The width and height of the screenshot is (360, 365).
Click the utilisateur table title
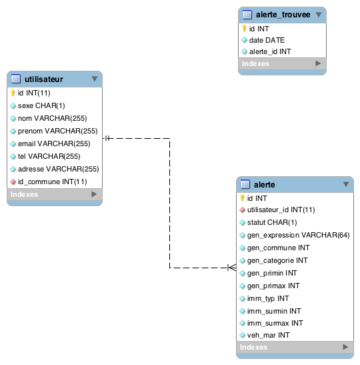click(44, 79)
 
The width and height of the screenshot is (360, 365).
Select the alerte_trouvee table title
click(283, 15)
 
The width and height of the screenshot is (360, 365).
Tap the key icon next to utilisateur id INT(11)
click(13, 93)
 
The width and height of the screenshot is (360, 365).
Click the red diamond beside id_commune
click(13, 181)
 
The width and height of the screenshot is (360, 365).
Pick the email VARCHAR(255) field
click(54, 143)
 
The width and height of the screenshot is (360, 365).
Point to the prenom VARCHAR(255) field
click(58, 131)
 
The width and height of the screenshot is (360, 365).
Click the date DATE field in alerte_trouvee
click(267, 40)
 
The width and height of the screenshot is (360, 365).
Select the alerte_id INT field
click(270, 51)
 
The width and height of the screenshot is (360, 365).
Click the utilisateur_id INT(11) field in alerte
click(281, 210)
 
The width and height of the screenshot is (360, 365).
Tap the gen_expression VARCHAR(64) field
click(299, 235)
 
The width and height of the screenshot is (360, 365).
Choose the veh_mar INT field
click(269, 335)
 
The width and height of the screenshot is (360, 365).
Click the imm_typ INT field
click(268, 298)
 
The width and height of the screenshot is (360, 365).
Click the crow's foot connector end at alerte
click(232, 268)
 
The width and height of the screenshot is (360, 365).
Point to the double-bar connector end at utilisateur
click(107, 138)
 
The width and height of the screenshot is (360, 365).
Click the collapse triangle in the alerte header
click(346, 184)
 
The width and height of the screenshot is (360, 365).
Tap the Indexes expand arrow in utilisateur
click(94, 194)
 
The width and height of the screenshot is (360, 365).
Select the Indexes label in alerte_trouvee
click(255, 63)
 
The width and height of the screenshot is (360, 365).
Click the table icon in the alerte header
click(245, 184)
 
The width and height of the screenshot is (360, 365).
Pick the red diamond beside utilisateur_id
click(242, 210)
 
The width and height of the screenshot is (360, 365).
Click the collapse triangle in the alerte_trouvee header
click(319, 15)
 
